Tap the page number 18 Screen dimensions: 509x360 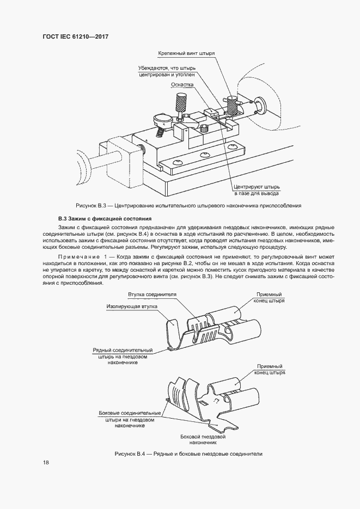(x=46, y=463)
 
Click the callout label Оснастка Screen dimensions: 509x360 (x=180, y=85)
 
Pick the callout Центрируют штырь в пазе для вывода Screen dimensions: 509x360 (x=257, y=189)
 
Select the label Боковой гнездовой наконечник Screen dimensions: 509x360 (x=203, y=440)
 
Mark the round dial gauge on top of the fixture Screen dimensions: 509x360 (x=162, y=118)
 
